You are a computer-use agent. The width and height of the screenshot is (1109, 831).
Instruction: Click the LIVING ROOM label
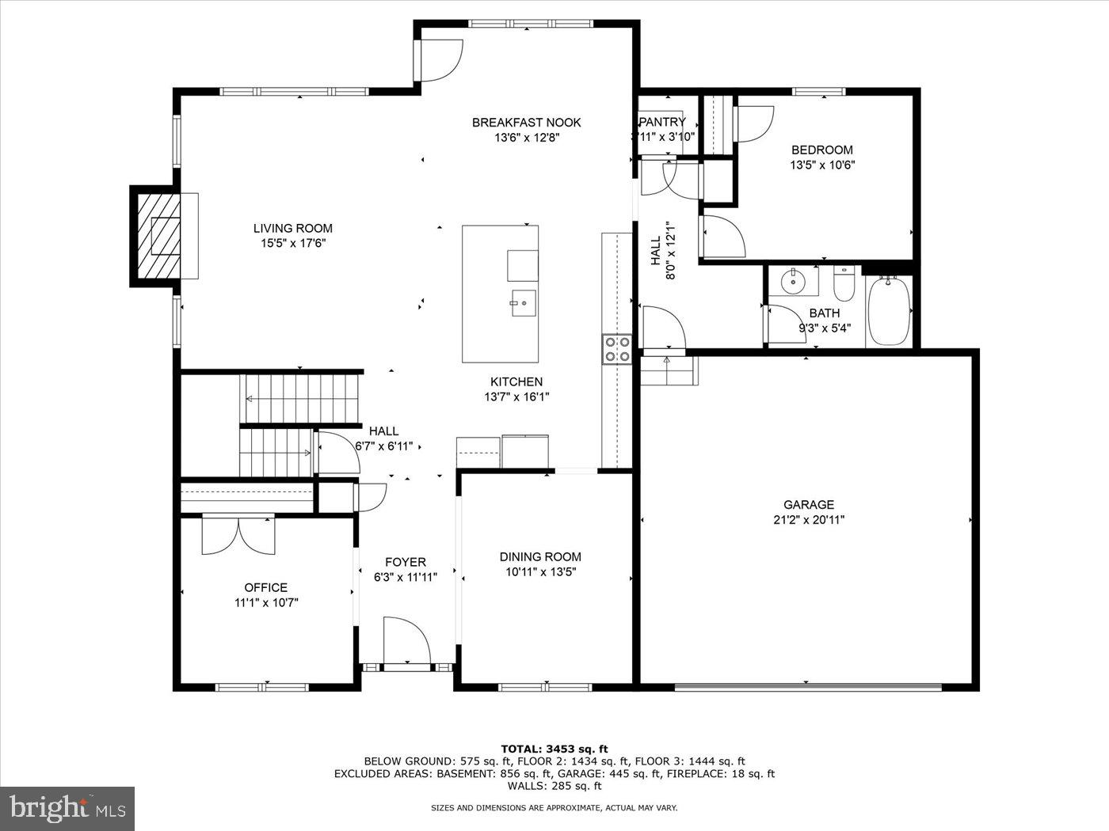(x=292, y=229)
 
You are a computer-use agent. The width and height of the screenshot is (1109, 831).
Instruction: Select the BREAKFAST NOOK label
(x=526, y=122)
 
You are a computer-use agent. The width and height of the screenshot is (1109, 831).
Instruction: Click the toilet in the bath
(x=844, y=285)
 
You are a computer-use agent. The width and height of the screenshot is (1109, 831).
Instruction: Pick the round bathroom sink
(x=791, y=280)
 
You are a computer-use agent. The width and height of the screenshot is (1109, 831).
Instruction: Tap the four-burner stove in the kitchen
(x=616, y=349)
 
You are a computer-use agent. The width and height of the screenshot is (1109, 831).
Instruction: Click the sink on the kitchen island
(x=523, y=302)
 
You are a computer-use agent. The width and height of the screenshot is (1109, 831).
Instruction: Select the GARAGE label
(x=809, y=504)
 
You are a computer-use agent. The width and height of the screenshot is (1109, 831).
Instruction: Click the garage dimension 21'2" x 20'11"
(x=809, y=520)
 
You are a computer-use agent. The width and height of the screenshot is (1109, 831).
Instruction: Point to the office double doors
(x=238, y=534)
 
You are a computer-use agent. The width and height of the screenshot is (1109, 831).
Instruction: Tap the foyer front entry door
(x=406, y=641)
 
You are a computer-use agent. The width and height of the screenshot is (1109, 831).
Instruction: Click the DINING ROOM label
(x=540, y=556)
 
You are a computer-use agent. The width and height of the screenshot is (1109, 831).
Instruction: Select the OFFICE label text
(x=265, y=587)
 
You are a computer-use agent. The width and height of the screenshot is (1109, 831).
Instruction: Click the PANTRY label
(x=662, y=122)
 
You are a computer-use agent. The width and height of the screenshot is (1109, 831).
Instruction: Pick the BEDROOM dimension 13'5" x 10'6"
(x=822, y=165)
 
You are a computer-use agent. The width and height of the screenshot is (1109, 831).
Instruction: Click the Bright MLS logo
(x=67, y=808)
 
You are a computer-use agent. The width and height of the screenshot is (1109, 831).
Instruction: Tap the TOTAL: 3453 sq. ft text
(x=554, y=748)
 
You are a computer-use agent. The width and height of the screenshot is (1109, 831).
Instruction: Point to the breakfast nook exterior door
(x=439, y=59)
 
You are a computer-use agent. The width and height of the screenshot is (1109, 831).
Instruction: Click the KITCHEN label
(x=516, y=381)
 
